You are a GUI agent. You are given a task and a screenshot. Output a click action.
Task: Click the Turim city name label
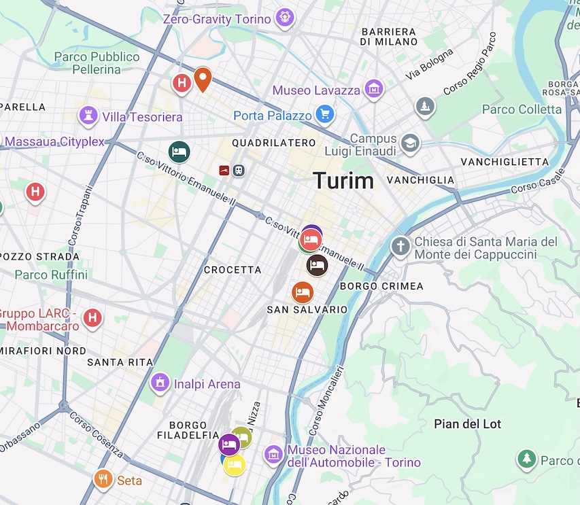[343, 181]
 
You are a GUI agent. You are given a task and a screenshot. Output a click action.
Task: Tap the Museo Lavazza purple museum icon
[373, 88]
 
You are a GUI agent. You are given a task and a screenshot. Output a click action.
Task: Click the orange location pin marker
[202, 79]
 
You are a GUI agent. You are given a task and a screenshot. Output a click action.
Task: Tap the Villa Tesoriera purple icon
[88, 116]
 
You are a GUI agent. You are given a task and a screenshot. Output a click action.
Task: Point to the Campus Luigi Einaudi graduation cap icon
[410, 143]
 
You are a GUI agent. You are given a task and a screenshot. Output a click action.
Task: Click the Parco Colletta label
[522, 109]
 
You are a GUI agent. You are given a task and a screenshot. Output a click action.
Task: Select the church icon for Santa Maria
[400, 246]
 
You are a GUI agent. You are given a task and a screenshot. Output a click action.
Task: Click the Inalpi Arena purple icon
[160, 383]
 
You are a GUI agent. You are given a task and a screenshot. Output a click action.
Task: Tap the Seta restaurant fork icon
[103, 480]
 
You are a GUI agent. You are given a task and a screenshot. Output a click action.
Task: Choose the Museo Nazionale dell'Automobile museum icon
[273, 455]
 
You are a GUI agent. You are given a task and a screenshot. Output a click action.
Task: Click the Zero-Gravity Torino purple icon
[284, 18]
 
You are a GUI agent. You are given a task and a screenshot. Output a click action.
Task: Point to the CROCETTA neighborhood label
[233, 270]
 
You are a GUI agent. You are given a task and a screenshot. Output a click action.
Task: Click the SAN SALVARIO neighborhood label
[307, 310]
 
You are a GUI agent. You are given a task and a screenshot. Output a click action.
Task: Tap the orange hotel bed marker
[303, 292]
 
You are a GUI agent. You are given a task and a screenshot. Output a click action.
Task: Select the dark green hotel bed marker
[179, 152]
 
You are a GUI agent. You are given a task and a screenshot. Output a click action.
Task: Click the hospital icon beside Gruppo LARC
[93, 317]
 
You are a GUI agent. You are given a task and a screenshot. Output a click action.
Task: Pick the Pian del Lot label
[468, 424]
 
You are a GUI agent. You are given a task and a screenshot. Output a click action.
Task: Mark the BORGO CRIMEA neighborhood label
[382, 286]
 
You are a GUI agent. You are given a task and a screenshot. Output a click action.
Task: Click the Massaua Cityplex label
[54, 142]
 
